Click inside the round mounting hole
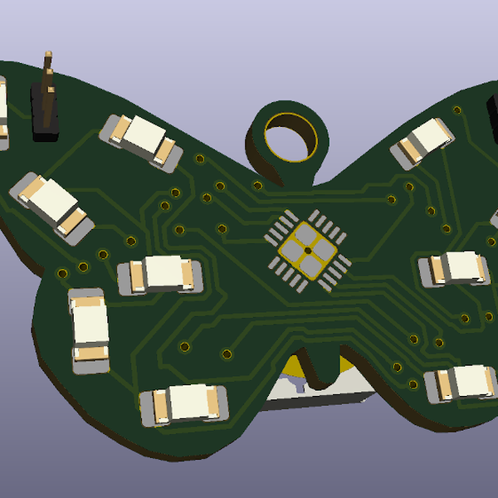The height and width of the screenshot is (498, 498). (290, 133)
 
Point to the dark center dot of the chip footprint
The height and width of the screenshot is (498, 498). (307, 250)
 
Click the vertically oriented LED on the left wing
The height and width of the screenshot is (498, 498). (89, 330)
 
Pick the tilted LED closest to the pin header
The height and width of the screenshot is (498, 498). (142, 138)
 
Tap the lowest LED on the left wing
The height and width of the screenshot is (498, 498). (184, 404)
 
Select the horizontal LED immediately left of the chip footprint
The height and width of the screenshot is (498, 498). (160, 273)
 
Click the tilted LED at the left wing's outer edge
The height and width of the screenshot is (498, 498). (51, 204)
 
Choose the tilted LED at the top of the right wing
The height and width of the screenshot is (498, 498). (423, 140)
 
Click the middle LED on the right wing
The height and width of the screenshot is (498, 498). (454, 267)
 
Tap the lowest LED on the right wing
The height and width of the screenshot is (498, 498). (461, 382)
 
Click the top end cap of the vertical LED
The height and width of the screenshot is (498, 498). (87, 299)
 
